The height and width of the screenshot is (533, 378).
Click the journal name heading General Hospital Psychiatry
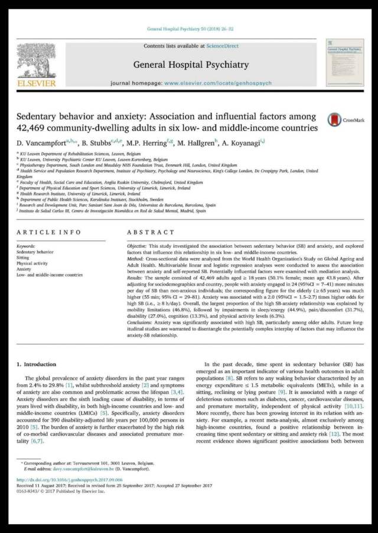191,64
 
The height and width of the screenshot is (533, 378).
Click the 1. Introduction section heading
39,365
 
